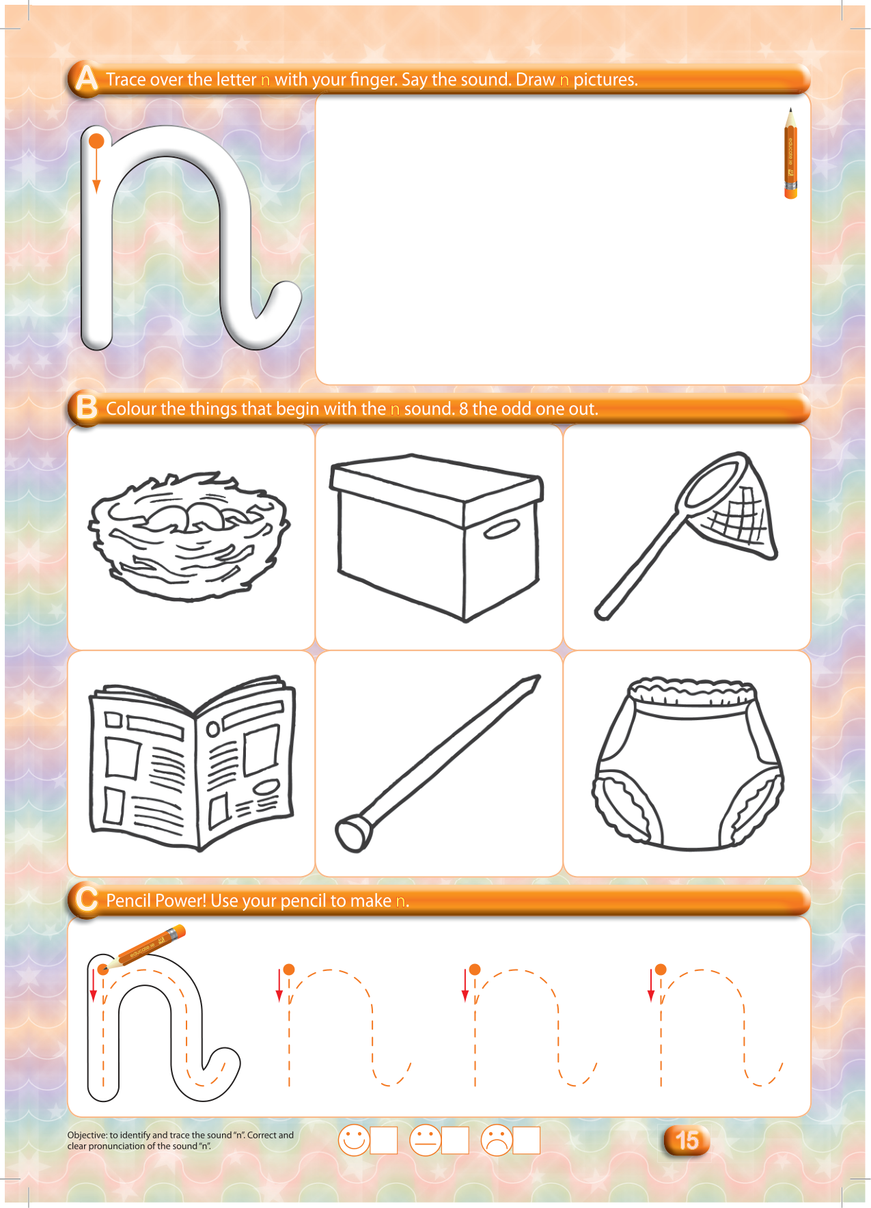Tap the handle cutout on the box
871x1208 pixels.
pyautogui.click(x=502, y=529)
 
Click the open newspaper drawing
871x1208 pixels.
pyautogui.click(x=192, y=763)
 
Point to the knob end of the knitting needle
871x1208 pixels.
pyautogui.click(x=353, y=833)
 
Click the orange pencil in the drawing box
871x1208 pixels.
pyautogui.click(x=790, y=153)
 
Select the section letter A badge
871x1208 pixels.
pyautogui.click(x=86, y=78)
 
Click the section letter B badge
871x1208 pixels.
pyautogui.click(x=86, y=407)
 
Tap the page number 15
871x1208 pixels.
pyautogui.click(x=687, y=1140)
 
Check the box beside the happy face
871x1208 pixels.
pyautogui.click(x=384, y=1140)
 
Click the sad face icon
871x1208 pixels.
pyautogui.click(x=497, y=1140)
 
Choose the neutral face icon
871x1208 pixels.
pyautogui.click(x=425, y=1140)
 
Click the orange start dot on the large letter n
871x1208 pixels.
pyautogui.click(x=97, y=141)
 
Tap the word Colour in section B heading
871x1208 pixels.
pyautogui.click(x=131, y=409)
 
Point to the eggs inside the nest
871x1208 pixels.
pyautogui.click(x=189, y=514)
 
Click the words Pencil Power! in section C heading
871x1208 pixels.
pyautogui.click(x=156, y=901)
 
